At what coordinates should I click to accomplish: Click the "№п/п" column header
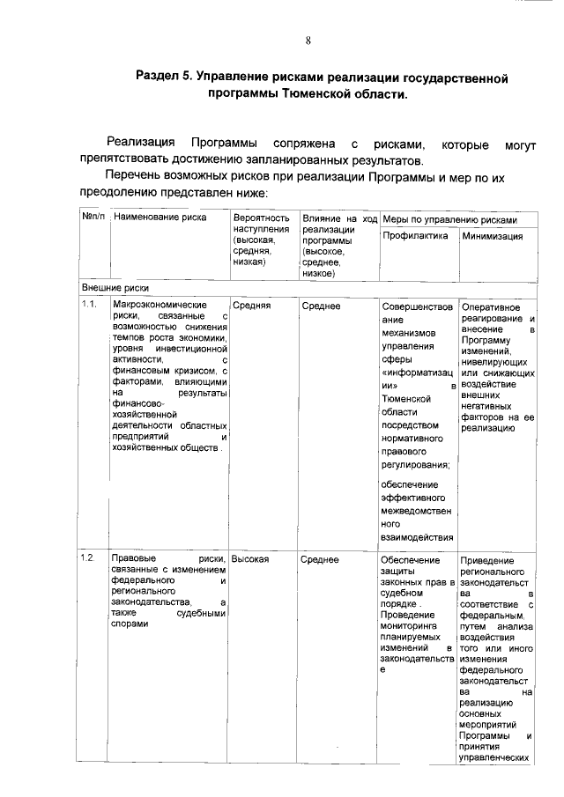(x=93, y=217)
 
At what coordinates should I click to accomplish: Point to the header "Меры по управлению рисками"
(x=449, y=218)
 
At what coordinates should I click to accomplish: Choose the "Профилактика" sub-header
(x=414, y=236)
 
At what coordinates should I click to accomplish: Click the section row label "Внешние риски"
(x=115, y=288)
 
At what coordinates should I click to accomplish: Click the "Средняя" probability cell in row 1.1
(x=251, y=305)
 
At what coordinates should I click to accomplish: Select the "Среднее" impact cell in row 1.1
(x=321, y=305)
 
